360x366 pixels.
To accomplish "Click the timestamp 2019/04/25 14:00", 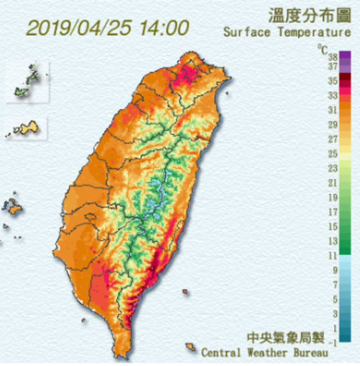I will (x=107, y=27).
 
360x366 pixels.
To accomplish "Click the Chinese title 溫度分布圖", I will (x=309, y=15).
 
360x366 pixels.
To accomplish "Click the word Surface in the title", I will (x=246, y=32).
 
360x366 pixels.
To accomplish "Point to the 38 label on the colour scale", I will (x=332, y=56).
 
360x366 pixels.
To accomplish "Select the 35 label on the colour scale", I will (x=332, y=81).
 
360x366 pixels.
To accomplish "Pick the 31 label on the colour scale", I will (x=332, y=110).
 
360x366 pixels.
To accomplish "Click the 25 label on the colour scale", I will (x=332, y=154).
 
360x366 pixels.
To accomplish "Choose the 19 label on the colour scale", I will (x=332, y=198).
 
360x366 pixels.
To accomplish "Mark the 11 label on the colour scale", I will (x=332, y=256).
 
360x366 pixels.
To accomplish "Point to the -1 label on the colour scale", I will (x=332, y=342).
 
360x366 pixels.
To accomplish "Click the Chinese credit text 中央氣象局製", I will (x=286, y=338).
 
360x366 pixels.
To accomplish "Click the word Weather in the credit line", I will (x=265, y=353).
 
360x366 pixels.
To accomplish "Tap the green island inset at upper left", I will (x=27, y=80).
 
